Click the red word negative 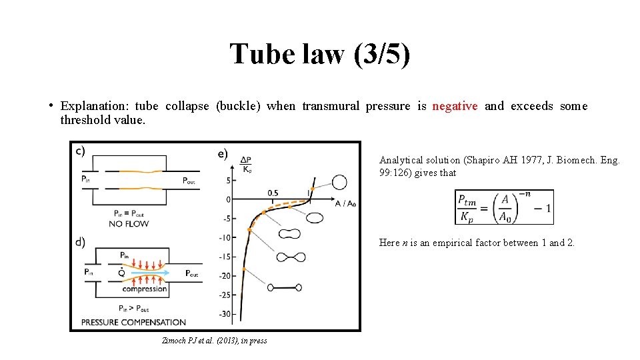tap(455, 106)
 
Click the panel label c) tap(80, 151)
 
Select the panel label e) tap(223, 153)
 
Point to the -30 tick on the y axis tap(225, 314)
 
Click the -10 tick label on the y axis tap(225, 237)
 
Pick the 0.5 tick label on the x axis tap(272, 193)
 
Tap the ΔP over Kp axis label tap(246, 163)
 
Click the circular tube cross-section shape tap(339, 182)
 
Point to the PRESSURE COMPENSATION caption tap(133, 322)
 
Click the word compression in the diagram tap(145, 289)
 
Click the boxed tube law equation tap(504, 207)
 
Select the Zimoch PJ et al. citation tap(214, 341)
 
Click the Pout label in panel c tap(189, 181)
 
